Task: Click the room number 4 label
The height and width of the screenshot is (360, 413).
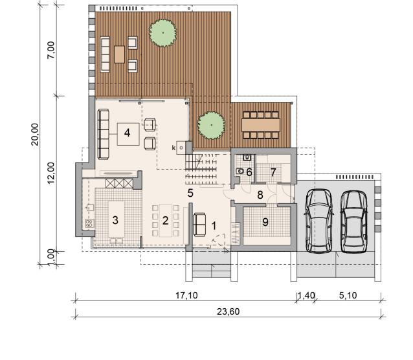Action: click(x=128, y=133)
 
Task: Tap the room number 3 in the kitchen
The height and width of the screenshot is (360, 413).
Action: click(x=115, y=220)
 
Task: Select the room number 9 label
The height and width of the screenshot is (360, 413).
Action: click(x=265, y=222)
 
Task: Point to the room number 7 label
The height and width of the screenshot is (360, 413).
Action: click(x=273, y=172)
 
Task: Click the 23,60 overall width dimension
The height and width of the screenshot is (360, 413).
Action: click(x=228, y=312)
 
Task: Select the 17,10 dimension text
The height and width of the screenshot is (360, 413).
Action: click(x=186, y=295)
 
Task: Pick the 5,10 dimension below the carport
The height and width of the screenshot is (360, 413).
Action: click(x=348, y=295)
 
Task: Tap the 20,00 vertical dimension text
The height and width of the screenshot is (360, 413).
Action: click(x=35, y=134)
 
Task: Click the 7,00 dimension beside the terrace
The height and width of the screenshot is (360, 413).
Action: click(x=51, y=51)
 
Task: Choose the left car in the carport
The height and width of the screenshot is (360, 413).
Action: click(x=318, y=221)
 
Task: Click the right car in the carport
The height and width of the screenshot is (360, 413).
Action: click(x=353, y=221)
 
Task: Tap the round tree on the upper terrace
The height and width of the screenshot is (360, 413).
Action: click(x=162, y=33)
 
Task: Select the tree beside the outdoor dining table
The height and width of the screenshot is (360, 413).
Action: click(x=211, y=125)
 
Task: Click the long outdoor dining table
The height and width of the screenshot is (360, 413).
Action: click(x=261, y=125)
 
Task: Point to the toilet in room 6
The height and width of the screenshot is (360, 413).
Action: click(x=240, y=172)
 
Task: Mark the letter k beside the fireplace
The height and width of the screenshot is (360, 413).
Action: click(x=173, y=148)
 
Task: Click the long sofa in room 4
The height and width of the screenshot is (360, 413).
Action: click(x=104, y=134)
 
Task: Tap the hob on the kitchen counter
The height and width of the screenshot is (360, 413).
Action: click(x=89, y=223)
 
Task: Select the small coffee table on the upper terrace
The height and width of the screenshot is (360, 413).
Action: click(x=119, y=54)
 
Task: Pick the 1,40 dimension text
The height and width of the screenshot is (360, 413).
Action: click(x=306, y=295)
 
